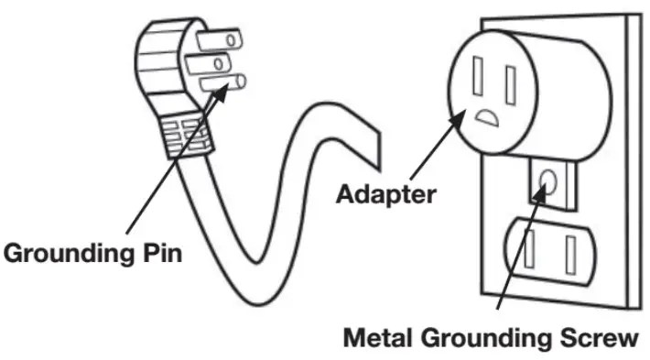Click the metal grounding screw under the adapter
(551, 179)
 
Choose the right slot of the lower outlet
(571, 251)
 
